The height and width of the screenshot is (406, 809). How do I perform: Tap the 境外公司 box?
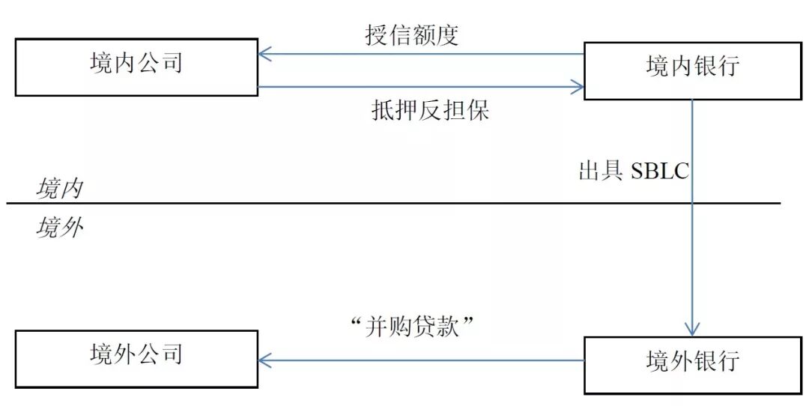136,356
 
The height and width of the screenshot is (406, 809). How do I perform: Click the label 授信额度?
411,35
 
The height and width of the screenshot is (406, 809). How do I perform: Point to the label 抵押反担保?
430,111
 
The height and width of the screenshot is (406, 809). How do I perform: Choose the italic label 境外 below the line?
59,226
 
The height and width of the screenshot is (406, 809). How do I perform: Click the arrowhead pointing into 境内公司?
263,54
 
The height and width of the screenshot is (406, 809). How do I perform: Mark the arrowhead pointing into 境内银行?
578,88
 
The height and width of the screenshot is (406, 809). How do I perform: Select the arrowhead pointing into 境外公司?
263,360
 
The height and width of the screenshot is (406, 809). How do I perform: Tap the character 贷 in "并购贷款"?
425,327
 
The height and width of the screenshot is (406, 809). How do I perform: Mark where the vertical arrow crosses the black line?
691,203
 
